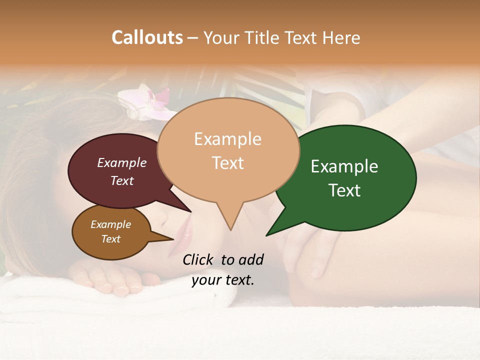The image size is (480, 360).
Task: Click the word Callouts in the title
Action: pyautogui.click(x=147, y=37)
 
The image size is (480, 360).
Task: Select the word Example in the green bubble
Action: pyautogui.click(x=344, y=166)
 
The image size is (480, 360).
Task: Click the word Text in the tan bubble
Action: pyautogui.click(x=228, y=163)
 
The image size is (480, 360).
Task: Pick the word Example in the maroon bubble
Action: pyautogui.click(x=122, y=163)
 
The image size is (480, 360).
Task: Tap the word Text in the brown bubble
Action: pyautogui.click(x=111, y=239)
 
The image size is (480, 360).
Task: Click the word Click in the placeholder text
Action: pyautogui.click(x=199, y=259)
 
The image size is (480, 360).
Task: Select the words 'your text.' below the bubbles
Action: pyautogui.click(x=223, y=280)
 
